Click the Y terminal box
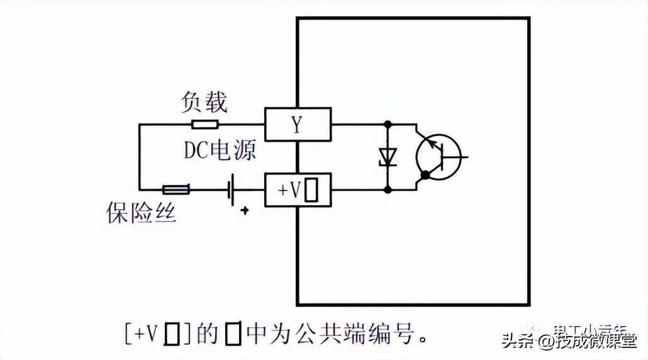point(298,124)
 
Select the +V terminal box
point(298,189)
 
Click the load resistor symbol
point(205,124)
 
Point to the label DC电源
point(220,150)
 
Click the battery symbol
point(232,189)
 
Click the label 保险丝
point(141,213)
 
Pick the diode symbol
point(388,155)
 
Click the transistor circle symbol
point(439,155)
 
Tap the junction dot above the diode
point(388,124)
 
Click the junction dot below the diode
point(388,189)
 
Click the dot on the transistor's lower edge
point(425,174)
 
